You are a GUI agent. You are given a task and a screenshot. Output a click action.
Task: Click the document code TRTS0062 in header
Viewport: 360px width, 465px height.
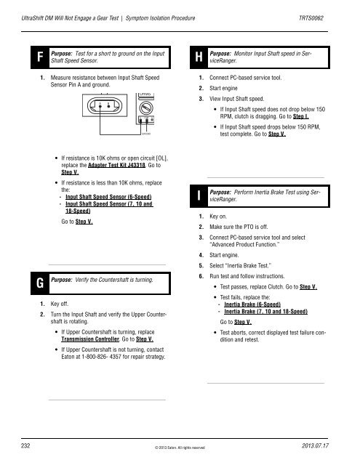point(311,18)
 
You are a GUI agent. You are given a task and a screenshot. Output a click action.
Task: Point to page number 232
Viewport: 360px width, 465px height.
point(25,445)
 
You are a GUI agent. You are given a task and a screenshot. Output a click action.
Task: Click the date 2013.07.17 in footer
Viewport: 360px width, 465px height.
point(315,445)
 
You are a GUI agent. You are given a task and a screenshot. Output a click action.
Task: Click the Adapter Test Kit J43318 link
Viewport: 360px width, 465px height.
point(116,165)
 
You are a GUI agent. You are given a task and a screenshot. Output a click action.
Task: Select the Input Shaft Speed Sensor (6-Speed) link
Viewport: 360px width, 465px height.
point(108,197)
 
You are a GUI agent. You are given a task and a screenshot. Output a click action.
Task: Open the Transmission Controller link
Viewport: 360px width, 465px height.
point(90,339)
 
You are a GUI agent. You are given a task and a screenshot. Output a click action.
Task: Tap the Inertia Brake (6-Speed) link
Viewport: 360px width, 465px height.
point(252,304)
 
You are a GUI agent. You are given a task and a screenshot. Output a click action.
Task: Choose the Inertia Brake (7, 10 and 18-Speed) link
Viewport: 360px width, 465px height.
point(265,312)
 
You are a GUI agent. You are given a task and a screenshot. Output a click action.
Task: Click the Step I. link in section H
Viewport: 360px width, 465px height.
point(300,116)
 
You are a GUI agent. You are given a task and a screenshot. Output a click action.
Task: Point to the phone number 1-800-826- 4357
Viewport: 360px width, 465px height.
point(102,357)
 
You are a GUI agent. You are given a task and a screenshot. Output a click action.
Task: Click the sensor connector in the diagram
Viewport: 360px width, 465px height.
point(105,105)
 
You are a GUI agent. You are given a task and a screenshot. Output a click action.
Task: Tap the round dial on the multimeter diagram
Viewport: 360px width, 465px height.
point(146,108)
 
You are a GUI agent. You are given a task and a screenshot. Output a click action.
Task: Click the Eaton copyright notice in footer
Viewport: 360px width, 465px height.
point(180,448)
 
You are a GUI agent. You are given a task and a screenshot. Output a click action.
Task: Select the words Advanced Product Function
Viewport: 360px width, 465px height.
point(244,245)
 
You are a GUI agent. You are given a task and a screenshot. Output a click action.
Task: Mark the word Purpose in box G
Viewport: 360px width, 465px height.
point(61,280)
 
